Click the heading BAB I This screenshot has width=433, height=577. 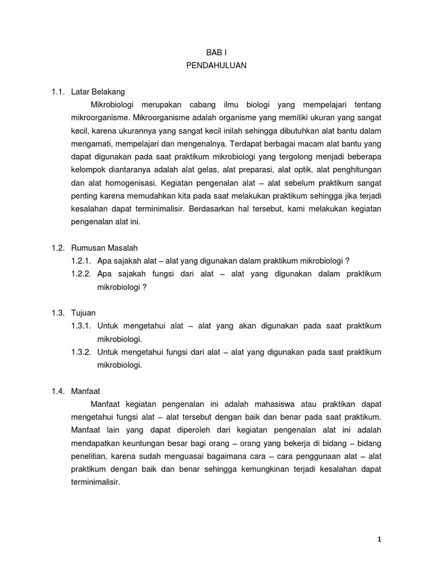pyautogui.click(x=216, y=51)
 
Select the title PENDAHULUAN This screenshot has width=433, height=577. pyautogui.click(x=216, y=65)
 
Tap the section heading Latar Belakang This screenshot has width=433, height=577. pyautogui.click(x=106, y=91)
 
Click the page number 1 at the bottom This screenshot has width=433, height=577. pyautogui.click(x=379, y=539)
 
